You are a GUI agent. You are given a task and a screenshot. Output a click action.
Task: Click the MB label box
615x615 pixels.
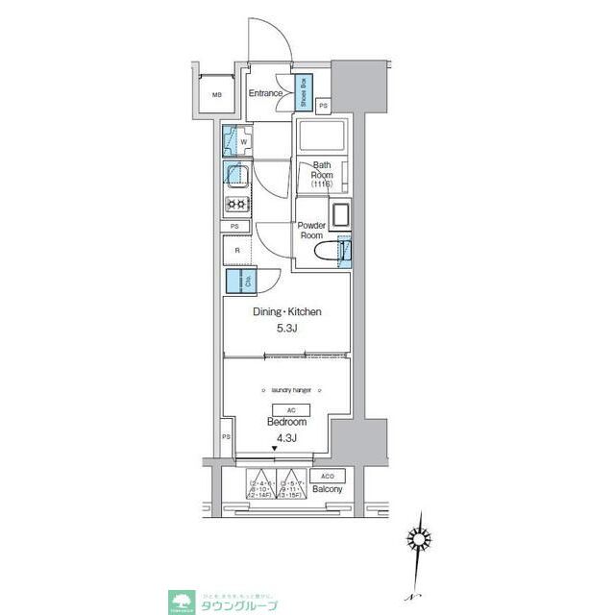tap(217, 95)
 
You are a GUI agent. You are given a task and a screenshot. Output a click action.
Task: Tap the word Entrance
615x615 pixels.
tap(266, 93)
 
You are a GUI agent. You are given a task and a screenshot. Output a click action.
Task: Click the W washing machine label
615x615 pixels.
tap(244, 142)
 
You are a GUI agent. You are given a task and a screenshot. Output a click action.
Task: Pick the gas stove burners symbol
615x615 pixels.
tap(236, 204)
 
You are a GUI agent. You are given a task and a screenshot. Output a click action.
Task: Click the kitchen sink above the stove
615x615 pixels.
tap(236, 175)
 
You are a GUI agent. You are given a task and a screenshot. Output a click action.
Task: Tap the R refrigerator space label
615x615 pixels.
tap(236, 251)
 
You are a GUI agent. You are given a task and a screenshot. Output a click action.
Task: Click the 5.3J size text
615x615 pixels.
tap(286, 330)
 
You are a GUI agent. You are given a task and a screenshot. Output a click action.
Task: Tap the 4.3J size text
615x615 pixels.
tap(286, 438)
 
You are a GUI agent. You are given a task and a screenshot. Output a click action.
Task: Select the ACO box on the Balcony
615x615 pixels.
tap(327, 477)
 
